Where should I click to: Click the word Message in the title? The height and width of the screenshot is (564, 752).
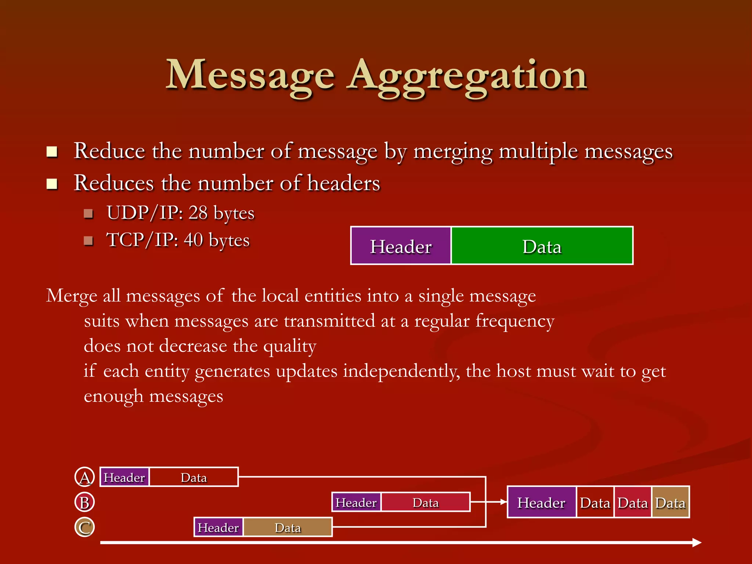250,75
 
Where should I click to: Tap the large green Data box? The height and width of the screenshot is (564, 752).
542,246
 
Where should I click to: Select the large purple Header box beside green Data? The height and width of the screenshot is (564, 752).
401,246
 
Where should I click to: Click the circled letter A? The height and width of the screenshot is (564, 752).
84,477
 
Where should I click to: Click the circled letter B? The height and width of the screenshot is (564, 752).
84,502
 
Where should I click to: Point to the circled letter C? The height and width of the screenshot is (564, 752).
84,527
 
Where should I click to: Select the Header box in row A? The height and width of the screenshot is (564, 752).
124,477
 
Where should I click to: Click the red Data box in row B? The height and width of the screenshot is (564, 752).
426,502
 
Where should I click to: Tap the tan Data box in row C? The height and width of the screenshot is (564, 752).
288,527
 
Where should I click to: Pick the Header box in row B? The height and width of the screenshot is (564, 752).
356,502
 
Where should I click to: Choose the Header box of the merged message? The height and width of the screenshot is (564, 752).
541,502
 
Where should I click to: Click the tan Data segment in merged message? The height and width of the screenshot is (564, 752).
670,502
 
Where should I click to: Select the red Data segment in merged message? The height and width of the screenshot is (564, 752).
633,502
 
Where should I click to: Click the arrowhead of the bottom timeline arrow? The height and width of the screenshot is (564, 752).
697,542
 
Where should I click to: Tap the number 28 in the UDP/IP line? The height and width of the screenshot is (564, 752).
198,213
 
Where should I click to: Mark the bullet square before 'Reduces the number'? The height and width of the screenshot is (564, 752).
52,184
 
